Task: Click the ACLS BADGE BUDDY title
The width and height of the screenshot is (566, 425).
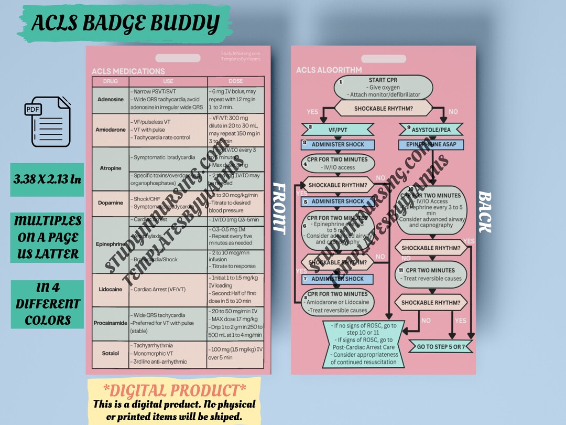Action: click(x=125, y=24)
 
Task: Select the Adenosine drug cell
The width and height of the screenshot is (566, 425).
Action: click(x=110, y=99)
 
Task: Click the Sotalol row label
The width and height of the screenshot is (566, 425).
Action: click(x=110, y=353)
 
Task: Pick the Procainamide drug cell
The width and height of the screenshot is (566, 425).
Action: click(x=110, y=323)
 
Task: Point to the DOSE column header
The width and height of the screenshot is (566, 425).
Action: click(x=235, y=81)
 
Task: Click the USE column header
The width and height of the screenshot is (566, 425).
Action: click(x=168, y=81)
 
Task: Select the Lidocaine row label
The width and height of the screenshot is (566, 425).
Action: click(x=110, y=289)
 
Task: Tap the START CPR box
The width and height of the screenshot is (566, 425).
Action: click(x=383, y=88)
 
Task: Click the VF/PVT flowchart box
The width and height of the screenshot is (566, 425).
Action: click(x=337, y=129)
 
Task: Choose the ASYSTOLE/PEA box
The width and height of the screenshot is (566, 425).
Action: click(x=431, y=129)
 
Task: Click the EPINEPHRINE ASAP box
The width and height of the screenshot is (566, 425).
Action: click(x=431, y=144)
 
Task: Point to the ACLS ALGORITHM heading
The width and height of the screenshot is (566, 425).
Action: click(x=329, y=70)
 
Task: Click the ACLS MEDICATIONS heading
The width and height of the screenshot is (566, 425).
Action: click(x=128, y=71)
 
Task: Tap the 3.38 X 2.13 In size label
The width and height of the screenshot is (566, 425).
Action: click(x=47, y=180)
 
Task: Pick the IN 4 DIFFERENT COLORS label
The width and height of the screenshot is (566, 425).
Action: click(x=47, y=304)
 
